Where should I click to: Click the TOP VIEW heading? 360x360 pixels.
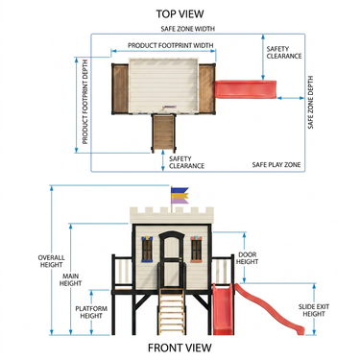tap(180, 13)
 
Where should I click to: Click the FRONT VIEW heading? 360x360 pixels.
tap(180, 348)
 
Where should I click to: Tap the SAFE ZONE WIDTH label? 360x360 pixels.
tap(188, 29)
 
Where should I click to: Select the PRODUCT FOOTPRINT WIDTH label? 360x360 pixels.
tap(171, 45)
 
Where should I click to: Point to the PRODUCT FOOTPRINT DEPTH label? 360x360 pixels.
tap(85, 102)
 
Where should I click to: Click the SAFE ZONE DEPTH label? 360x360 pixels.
tap(311, 103)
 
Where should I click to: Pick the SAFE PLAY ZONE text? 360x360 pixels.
tap(276, 165)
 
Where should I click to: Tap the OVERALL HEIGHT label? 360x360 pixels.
tap(51, 261)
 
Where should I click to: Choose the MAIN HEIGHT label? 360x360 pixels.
tap(70, 279)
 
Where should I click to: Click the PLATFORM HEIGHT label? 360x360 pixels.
tap(91, 312)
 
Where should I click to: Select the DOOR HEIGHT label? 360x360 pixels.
tap(248, 258)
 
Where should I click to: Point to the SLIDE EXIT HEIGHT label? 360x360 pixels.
tap(314, 310)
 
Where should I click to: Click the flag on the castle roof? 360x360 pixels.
tap(180, 196)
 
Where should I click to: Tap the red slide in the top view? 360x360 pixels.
tap(245, 89)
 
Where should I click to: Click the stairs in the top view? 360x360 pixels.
tap(163, 133)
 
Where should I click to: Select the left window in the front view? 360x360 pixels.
tap(147, 249)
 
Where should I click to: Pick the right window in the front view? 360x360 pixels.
tap(196, 250)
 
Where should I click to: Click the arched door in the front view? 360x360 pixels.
tap(172, 259)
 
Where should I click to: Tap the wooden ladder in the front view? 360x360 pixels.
tap(172, 311)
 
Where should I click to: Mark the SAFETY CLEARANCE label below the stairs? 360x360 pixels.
tap(186, 162)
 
